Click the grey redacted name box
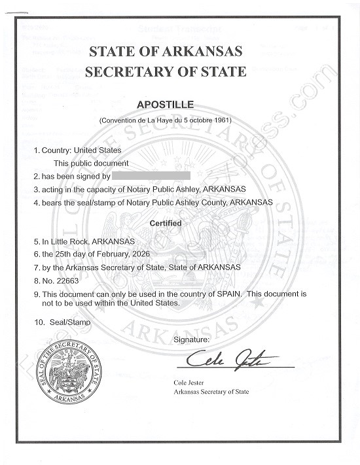pyautogui.click(x=151, y=176)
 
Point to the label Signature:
pyautogui.click(x=191, y=340)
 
